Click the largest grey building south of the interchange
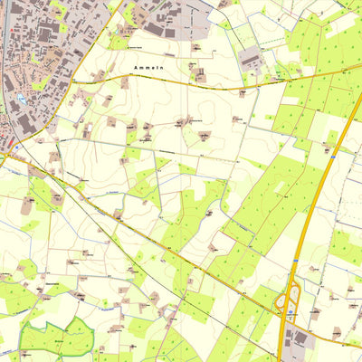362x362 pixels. [x=299, y=338]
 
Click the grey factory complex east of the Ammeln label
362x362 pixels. [x=251, y=59]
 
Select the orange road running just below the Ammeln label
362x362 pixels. [x=181, y=82]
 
